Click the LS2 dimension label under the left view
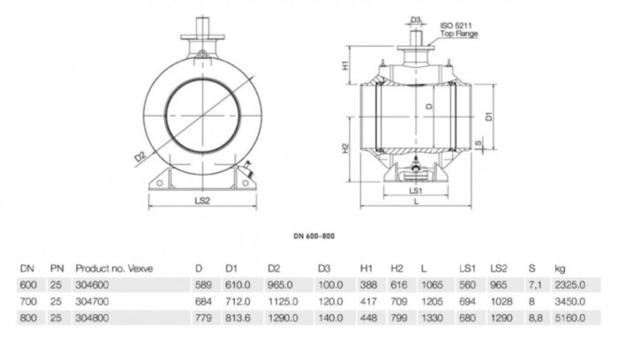pos(200,201)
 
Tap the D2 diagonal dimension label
pos(140,159)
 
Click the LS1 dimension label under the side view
pos(415,190)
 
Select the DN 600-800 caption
pos(314,236)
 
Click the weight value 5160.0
pos(567,316)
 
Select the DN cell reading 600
pos(28,285)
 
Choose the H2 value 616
pos(397,285)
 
